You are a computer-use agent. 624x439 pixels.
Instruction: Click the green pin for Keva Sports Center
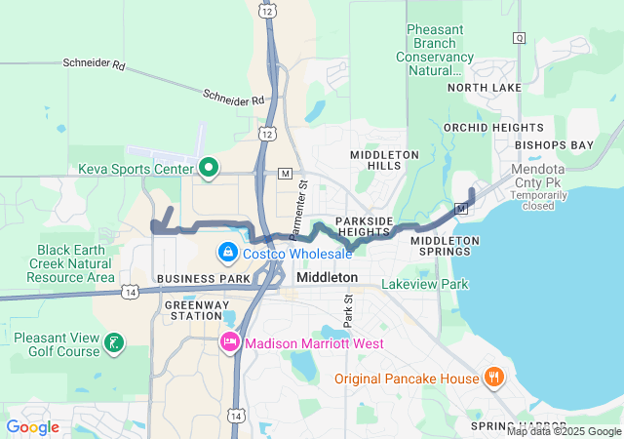pos(207,168)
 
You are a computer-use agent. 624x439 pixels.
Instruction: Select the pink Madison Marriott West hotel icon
pos(230,343)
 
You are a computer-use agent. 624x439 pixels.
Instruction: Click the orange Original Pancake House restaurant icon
pos(494,378)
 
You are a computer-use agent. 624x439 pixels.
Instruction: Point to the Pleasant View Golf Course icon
pos(115,341)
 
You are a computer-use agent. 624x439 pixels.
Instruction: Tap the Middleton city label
pos(327,278)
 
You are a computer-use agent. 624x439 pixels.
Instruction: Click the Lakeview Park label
pos(424,285)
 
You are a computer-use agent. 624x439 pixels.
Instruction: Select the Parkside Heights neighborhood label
pos(364,226)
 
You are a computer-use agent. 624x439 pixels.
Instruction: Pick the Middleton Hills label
pos(384,161)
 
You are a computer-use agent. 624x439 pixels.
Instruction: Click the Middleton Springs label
pos(445,247)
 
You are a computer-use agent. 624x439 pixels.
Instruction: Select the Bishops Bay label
pos(554,145)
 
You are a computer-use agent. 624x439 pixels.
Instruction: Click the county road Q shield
pos(519,38)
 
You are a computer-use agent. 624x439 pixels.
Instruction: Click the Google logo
pos(32,427)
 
